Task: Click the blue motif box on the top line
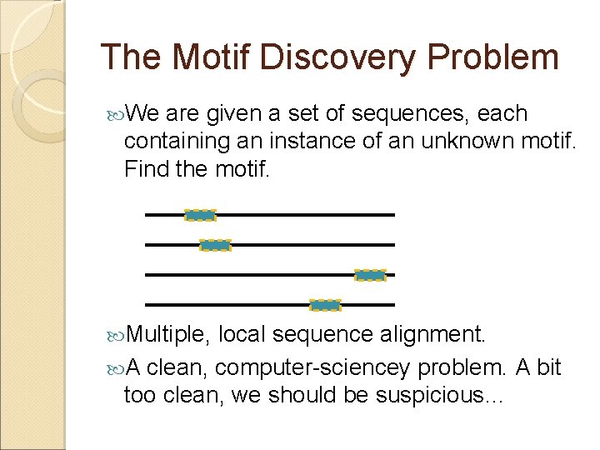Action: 200,215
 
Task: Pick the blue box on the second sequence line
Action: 215,245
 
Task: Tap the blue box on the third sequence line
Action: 370,275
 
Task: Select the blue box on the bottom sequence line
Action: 325,305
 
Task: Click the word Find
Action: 145,169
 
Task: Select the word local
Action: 242,334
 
